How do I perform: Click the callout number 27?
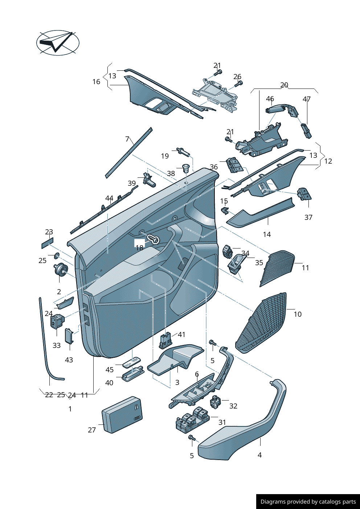92,430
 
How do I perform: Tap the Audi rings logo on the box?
138,418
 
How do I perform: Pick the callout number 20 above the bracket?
284,85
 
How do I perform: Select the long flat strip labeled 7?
129,153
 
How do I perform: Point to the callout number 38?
171,173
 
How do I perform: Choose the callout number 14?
267,234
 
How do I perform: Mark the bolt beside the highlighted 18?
153,239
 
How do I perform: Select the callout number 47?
307,99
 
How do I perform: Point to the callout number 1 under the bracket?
70,409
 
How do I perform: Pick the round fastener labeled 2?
61,270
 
